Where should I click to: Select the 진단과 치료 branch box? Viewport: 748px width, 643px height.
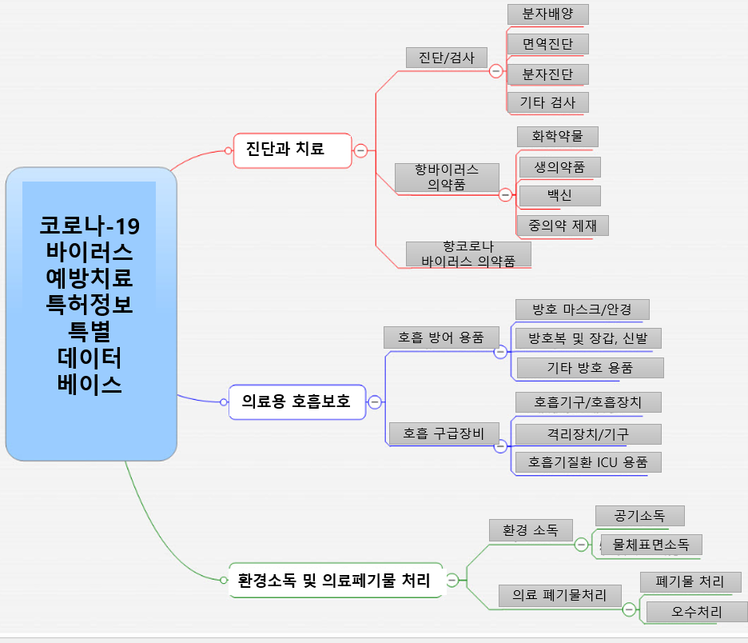(292, 150)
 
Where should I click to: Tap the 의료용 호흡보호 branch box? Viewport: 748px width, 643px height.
(296, 401)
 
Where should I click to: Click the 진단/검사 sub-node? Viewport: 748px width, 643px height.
(447, 58)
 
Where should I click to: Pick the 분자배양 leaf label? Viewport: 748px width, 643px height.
(548, 14)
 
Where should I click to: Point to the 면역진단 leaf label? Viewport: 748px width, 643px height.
(548, 44)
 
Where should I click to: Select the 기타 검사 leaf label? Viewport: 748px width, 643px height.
(548, 102)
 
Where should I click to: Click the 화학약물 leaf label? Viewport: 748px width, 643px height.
(557, 137)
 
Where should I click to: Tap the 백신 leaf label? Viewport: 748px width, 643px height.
(559, 195)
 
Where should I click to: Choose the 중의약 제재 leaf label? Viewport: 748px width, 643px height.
(563, 225)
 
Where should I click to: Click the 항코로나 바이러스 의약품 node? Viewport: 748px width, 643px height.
(468, 254)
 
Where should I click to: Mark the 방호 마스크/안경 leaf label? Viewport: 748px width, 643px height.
(581, 310)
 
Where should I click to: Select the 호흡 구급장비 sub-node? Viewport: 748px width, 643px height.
(444, 434)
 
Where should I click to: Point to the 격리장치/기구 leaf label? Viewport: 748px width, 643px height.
(587, 434)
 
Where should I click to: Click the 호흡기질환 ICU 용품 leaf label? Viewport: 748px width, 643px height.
(588, 462)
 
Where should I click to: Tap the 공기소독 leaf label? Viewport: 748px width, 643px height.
(640, 515)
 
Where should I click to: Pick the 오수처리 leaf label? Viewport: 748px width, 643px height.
(697, 613)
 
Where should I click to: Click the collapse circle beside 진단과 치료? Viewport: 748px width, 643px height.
(360, 150)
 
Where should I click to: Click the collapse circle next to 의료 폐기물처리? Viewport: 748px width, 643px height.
(629, 609)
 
